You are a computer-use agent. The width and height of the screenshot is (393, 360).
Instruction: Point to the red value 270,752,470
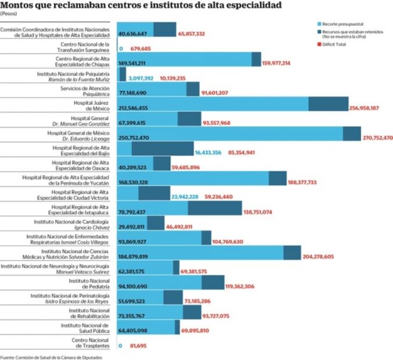370,138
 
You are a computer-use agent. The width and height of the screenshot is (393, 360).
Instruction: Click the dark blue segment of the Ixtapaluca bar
215,208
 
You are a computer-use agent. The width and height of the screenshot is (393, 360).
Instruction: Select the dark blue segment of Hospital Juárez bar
328,104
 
